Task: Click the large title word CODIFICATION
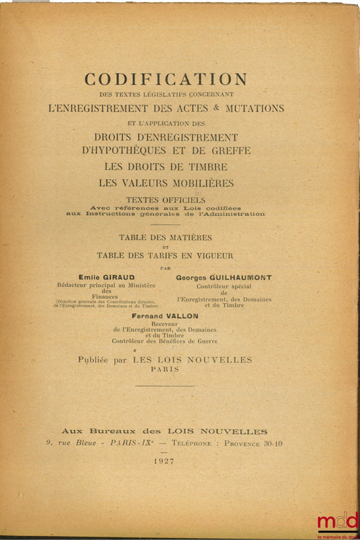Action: [165, 80]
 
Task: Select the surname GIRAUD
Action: [121, 277]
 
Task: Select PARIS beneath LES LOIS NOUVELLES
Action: [165, 370]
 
